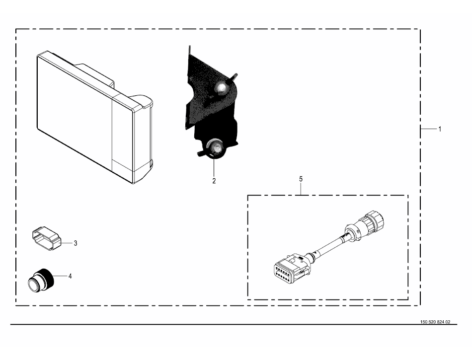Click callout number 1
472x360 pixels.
440,129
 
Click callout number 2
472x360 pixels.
214,181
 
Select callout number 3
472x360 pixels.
76,243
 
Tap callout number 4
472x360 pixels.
70,276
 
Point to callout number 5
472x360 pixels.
301,179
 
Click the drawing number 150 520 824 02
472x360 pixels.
435,322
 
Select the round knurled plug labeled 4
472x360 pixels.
41,280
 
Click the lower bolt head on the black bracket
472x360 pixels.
216,147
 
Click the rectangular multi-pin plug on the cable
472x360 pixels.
292,266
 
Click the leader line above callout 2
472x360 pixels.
214,167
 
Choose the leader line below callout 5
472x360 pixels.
301,189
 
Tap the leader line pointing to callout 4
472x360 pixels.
60,276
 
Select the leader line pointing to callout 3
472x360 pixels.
67,242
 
